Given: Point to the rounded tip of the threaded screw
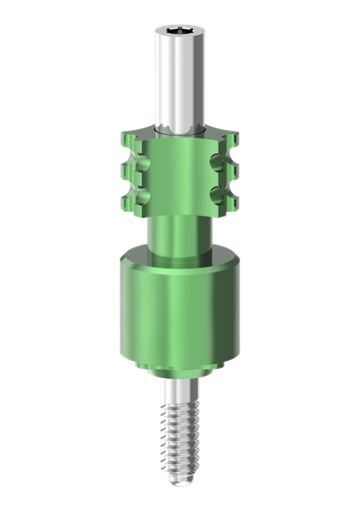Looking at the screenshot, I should [180, 478].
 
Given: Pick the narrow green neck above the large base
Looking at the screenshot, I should [180, 234].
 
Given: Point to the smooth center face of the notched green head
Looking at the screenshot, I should [180, 179].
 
